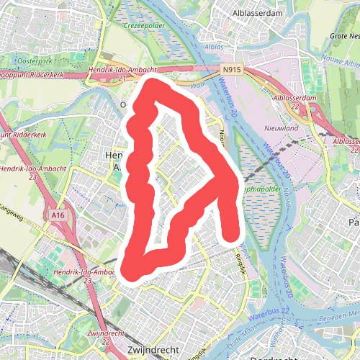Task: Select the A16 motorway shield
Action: coord(59,215)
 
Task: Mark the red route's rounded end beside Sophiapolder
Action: coord(230,232)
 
